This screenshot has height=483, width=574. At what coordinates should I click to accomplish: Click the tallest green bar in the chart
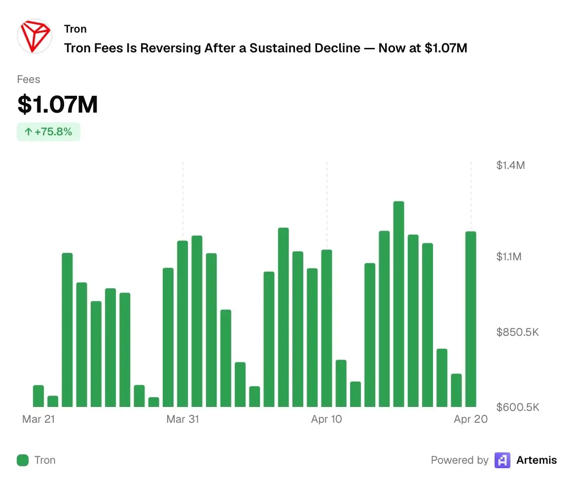click(398, 304)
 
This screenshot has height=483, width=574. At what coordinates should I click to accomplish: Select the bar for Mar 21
click(38, 396)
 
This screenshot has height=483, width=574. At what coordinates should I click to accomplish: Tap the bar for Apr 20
click(471, 319)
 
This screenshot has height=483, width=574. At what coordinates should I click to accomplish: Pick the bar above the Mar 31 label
click(182, 323)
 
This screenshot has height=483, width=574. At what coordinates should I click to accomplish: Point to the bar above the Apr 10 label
click(326, 328)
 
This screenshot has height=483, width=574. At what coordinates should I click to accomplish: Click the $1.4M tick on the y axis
click(510, 165)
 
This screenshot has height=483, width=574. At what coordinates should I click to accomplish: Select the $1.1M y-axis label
click(508, 257)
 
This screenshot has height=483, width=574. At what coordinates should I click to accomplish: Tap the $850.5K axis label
click(517, 332)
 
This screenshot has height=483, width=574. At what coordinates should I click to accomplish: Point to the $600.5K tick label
click(517, 407)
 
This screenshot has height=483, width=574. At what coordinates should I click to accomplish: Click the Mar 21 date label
click(38, 419)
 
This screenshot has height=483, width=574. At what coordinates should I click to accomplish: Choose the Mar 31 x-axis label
click(182, 419)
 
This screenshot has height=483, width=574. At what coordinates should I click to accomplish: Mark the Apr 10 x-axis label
click(326, 419)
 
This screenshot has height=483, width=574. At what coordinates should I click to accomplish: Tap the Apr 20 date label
click(470, 419)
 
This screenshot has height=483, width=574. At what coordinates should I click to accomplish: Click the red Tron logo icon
click(35, 36)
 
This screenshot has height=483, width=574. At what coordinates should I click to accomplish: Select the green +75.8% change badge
click(48, 132)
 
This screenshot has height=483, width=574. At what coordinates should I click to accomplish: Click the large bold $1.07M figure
click(58, 105)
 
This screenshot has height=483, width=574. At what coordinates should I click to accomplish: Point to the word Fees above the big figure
click(29, 80)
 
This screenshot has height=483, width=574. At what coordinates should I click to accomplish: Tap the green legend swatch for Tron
click(23, 460)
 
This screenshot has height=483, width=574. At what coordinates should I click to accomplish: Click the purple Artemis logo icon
click(502, 460)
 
